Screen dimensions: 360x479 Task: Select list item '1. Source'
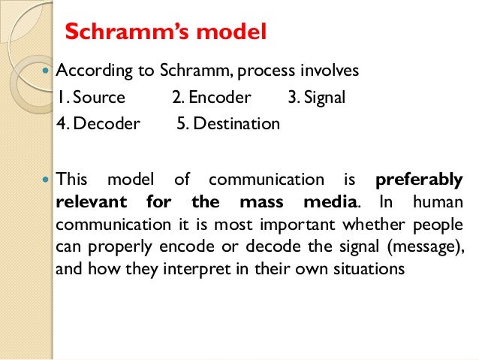tap(91, 98)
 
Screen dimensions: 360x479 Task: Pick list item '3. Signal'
tap(316, 98)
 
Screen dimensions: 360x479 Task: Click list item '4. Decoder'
tap(98, 123)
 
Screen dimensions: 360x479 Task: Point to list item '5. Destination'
tap(228, 123)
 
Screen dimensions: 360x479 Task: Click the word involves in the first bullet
tap(330, 71)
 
